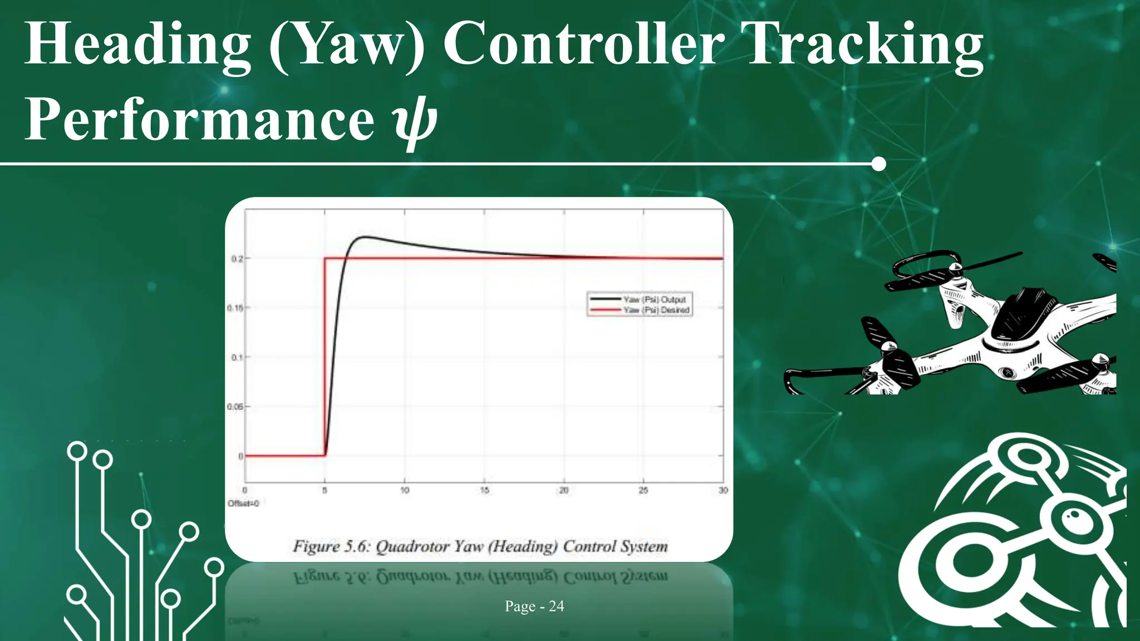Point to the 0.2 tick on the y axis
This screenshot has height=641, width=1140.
click(x=237, y=259)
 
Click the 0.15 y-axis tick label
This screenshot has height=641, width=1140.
click(x=235, y=308)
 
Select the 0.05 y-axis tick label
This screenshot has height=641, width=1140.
click(x=235, y=407)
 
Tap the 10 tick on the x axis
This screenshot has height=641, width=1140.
click(x=405, y=490)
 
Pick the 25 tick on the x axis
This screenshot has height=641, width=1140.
click(x=643, y=490)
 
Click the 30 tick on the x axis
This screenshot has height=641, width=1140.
click(x=723, y=490)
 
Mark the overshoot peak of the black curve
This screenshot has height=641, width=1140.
click(x=365, y=238)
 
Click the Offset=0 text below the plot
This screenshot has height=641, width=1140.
click(x=243, y=504)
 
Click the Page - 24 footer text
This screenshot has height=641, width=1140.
click(x=534, y=606)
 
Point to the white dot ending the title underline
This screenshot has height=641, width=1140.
click(x=878, y=164)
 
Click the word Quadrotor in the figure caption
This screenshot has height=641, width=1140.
click(x=412, y=546)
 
